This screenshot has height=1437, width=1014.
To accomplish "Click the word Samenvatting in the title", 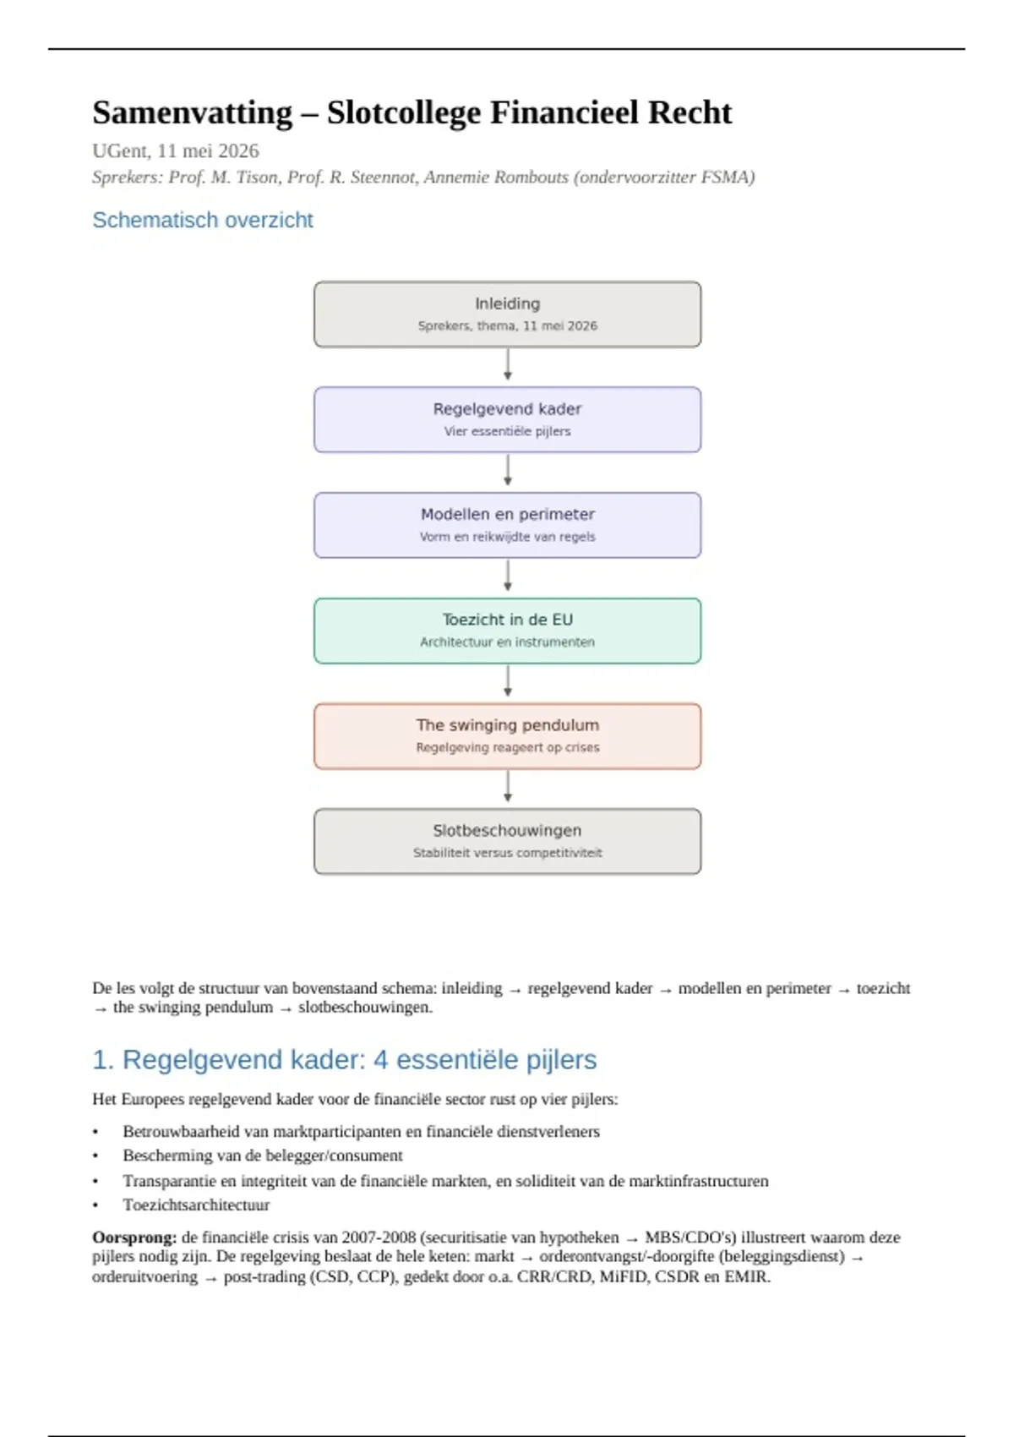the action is pyautogui.click(x=193, y=113).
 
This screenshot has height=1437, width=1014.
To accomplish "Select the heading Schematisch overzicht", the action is pyautogui.click(x=203, y=220).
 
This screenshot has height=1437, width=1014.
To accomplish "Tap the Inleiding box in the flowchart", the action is pyautogui.click(x=507, y=314).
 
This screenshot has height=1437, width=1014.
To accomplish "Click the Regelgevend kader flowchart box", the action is pyautogui.click(x=507, y=419).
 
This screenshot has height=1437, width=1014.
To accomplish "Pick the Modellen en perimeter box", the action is pyautogui.click(x=507, y=526).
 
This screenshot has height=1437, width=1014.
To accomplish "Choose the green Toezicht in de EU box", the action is pyautogui.click(x=507, y=631).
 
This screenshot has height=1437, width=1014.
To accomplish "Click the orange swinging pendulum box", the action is pyautogui.click(x=507, y=735).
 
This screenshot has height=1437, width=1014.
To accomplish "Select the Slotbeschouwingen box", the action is pyautogui.click(x=507, y=841).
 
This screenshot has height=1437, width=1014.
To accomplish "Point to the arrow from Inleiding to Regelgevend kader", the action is pyautogui.click(x=507, y=364).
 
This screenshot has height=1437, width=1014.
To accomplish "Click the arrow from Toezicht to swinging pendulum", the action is pyautogui.click(x=507, y=680).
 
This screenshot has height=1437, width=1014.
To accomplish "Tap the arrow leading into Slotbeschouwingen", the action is pyautogui.click(x=507, y=786).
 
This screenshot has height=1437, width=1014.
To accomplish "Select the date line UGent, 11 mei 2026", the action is pyautogui.click(x=176, y=150).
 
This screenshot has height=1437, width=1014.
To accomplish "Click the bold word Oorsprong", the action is pyautogui.click(x=134, y=1237).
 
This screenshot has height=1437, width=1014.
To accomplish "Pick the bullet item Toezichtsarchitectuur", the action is pyautogui.click(x=196, y=1205).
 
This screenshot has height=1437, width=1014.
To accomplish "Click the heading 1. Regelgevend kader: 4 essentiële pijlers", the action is pyautogui.click(x=345, y=1060).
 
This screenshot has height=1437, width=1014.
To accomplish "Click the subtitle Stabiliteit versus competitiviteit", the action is pyautogui.click(x=507, y=853).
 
